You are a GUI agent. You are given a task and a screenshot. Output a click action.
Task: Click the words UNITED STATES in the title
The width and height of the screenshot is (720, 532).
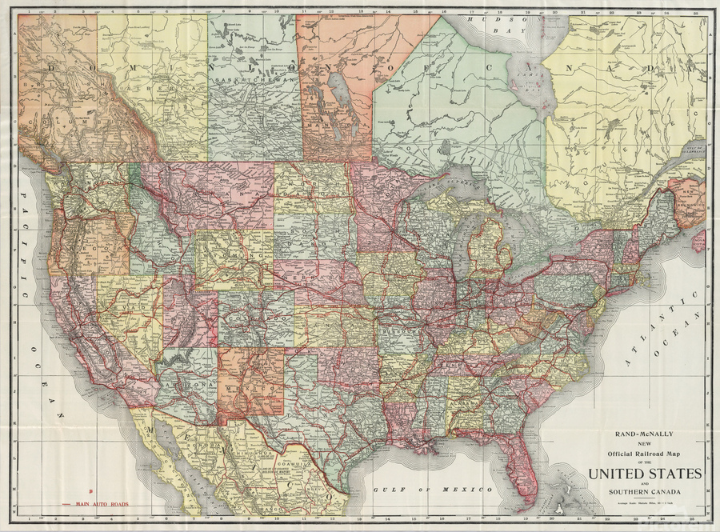pyautogui.click(x=645, y=474)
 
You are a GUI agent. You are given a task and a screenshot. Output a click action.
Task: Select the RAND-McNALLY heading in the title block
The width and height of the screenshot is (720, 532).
pyautogui.click(x=645, y=435)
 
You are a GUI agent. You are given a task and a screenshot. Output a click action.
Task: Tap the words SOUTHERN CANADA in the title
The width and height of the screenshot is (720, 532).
pyautogui.click(x=645, y=490)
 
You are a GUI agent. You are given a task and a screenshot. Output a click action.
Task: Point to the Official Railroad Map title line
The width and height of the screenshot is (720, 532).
pyautogui.click(x=645, y=453)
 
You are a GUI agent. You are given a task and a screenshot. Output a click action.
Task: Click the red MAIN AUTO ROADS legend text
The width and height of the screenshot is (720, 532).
pyautogui.click(x=102, y=505)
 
